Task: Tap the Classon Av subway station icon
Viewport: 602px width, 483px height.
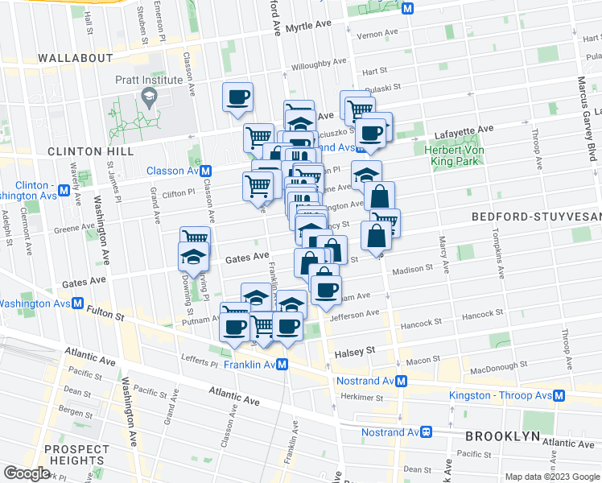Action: click(x=206, y=171)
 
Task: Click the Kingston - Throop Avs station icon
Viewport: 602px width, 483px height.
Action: click(x=559, y=396)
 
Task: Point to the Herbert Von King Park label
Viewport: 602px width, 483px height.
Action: click(x=447, y=154)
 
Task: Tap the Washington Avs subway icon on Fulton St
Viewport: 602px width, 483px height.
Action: click(x=77, y=303)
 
